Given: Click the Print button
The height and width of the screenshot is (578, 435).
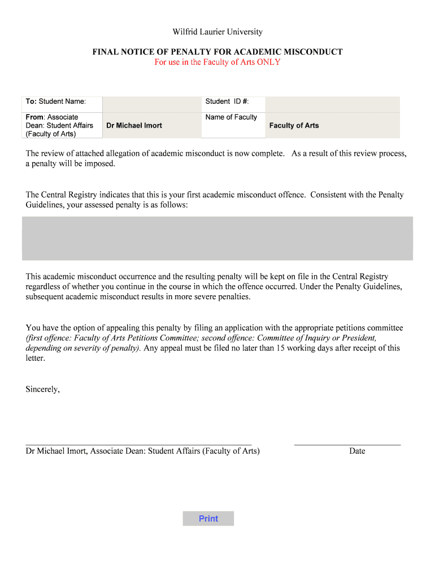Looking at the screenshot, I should pos(208,519).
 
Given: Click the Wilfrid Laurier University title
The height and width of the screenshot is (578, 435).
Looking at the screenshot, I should pos(217,32).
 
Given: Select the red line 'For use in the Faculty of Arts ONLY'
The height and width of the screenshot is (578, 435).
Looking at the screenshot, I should pos(217,62).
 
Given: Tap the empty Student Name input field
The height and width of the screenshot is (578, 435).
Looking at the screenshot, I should pos(151,104).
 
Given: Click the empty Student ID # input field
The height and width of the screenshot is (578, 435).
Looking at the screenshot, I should pos(332,104).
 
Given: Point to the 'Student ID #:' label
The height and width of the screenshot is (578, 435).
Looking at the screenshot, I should pos(227,102).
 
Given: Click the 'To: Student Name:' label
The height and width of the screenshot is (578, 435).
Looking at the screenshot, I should pos(55,102).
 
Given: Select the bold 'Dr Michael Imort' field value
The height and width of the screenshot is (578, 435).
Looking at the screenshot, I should pos(134,125).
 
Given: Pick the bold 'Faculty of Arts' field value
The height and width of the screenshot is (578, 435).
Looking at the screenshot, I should pos(294,125).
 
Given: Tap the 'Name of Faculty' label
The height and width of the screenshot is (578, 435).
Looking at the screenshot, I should pos(231,117).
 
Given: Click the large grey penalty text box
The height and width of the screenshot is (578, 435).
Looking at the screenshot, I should pos(217,238).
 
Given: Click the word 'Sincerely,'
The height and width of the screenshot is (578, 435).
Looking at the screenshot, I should pos(43,389).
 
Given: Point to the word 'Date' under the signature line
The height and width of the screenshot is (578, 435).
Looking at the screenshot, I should pos(357,451).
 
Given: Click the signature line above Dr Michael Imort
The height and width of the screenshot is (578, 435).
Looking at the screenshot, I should pos(138,445).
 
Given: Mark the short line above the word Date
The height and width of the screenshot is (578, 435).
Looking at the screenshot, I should pos(347,445).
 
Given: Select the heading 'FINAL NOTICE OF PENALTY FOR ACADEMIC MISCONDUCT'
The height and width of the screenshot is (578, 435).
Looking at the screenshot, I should pos(217,52).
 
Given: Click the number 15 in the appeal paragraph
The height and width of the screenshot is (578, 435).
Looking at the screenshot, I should pos(281,348).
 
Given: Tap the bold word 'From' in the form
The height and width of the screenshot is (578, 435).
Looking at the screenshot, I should pos(34,117).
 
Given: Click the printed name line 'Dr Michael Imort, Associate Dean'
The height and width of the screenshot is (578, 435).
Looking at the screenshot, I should pos(142,451).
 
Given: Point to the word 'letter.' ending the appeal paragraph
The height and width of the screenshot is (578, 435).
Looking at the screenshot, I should pos(36,358).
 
